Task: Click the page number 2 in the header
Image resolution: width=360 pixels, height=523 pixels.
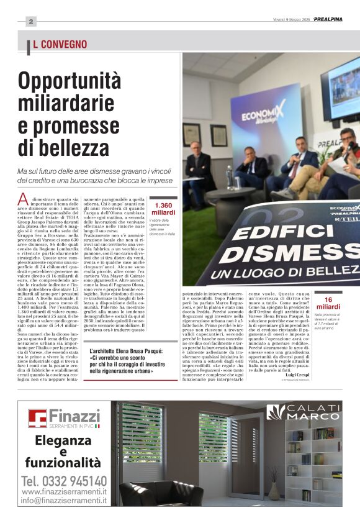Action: pos(30,20)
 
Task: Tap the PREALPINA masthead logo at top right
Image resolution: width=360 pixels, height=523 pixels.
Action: pos(327,19)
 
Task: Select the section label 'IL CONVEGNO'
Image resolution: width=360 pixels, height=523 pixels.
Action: pos(59,44)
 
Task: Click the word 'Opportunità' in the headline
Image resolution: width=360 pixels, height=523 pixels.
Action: pos(70,81)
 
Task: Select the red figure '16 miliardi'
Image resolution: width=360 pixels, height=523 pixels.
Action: pos(328,303)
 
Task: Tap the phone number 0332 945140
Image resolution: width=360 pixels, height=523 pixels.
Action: pos(64,481)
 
